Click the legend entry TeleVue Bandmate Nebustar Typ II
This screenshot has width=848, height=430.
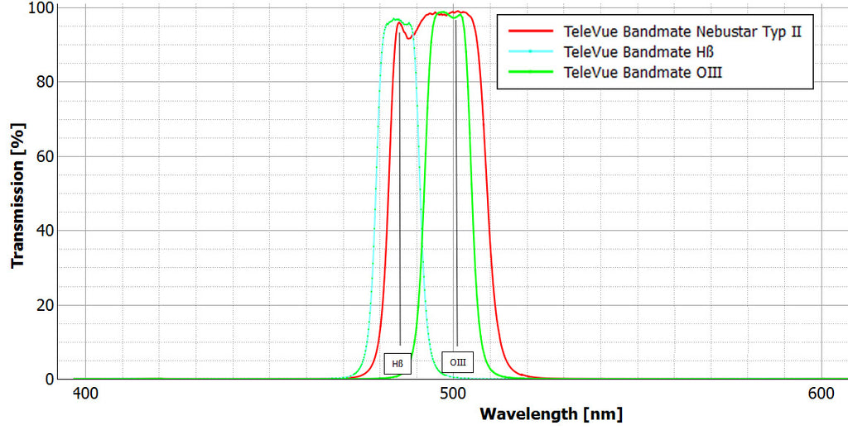point(682,32)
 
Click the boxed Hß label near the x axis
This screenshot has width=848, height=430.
point(397,362)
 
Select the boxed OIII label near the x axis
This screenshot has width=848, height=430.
point(457,361)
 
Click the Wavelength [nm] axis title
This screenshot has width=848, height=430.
point(551,413)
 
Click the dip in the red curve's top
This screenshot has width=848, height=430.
point(408,38)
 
